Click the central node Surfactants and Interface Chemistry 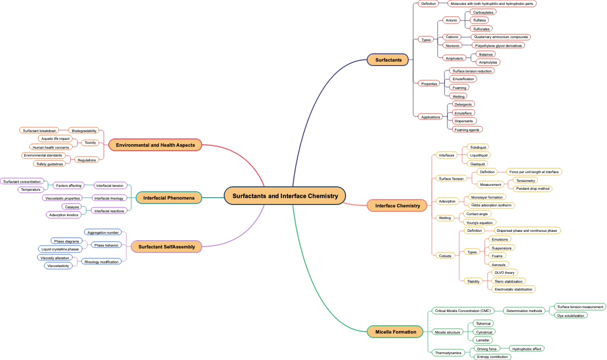tap(285, 196)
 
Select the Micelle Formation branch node tap(396, 332)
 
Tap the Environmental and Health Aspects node tap(155, 145)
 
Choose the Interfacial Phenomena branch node tap(169, 198)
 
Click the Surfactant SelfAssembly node tap(166, 247)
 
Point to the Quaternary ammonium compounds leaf tap(501, 37)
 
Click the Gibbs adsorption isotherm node tap(491, 205)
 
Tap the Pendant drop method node tap(533, 189)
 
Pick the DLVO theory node tap(504, 272)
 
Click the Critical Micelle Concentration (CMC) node tap(463, 311)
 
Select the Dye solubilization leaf tap(571, 315)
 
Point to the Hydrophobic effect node tap(527, 349)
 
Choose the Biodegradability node tap(84, 131)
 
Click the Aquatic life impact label tap(55, 139)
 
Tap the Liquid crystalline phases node tap(60, 249)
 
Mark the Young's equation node tap(479, 223)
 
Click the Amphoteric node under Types tap(454, 58)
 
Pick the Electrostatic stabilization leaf tap(513, 289)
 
